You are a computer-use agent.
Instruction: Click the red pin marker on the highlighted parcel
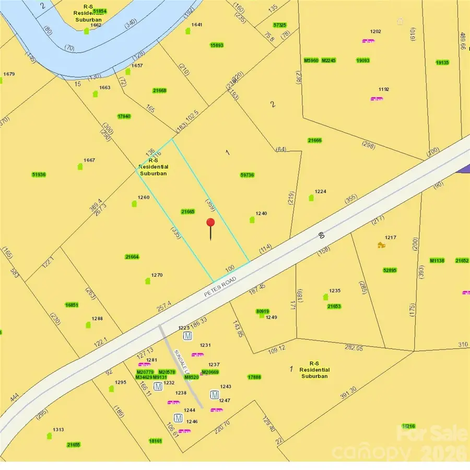click(210, 224)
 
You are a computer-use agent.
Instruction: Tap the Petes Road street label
click(220, 287)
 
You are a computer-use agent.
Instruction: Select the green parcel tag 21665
click(187, 211)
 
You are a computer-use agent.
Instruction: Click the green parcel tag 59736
click(247, 175)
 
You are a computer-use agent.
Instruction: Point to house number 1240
click(261, 214)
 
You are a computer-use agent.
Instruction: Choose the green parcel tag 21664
click(132, 256)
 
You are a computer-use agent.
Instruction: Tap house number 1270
click(157, 275)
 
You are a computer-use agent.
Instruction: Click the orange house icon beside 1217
click(381, 244)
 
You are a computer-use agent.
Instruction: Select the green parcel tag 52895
click(390, 270)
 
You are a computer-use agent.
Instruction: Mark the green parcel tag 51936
click(39, 174)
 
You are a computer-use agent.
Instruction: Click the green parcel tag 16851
click(72, 305)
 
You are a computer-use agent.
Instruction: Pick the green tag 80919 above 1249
click(263, 311)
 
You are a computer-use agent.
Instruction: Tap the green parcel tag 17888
click(254, 377)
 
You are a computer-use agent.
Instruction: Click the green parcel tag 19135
click(442, 63)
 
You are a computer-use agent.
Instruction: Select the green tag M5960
click(311, 61)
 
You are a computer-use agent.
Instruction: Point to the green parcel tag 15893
click(217, 45)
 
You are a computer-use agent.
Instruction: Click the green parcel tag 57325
click(280, 25)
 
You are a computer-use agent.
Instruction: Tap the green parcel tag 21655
click(74, 444)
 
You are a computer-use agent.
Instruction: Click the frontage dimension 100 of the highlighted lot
click(230, 268)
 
